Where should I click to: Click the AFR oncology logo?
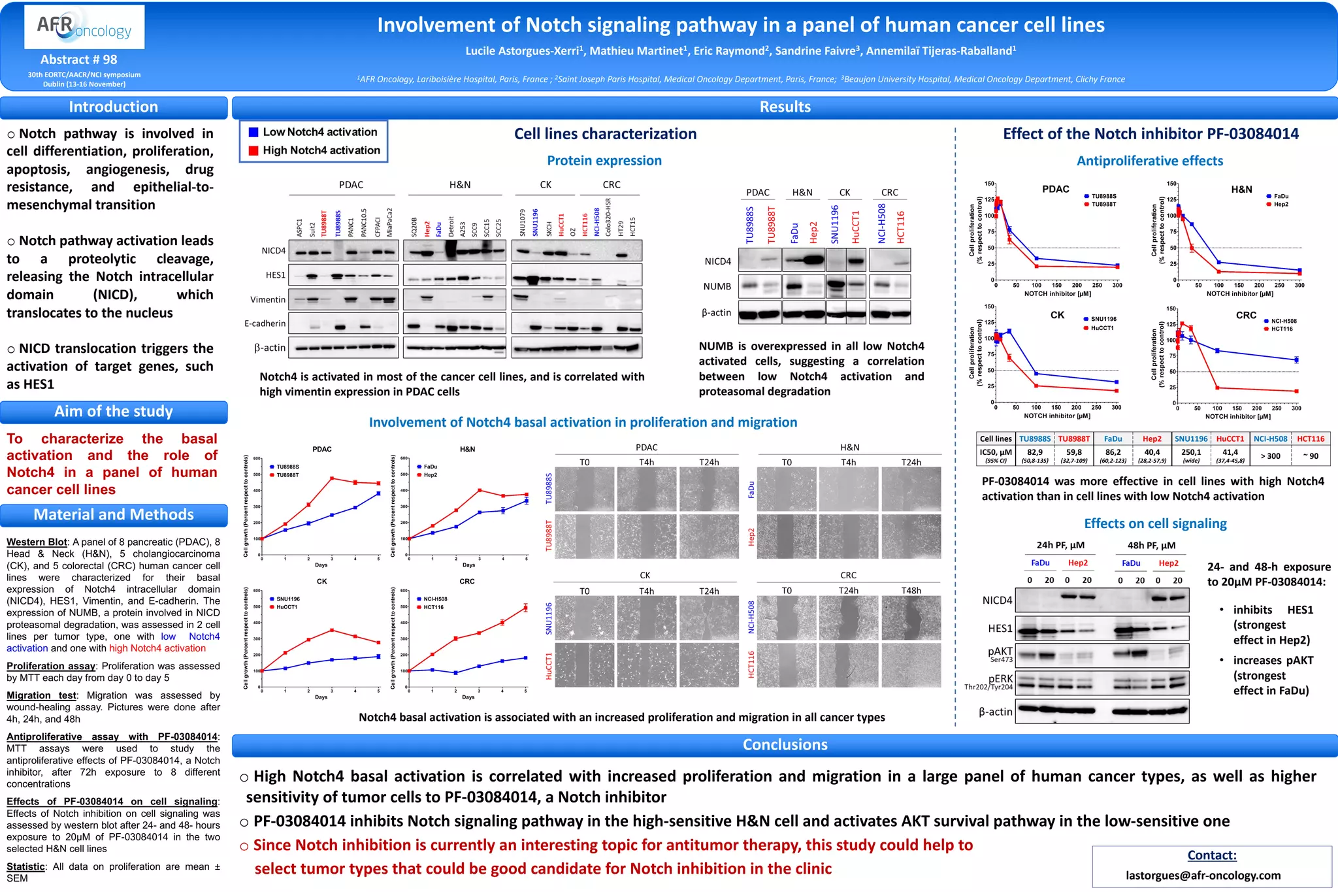click(84, 27)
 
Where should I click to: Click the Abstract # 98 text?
click(78, 59)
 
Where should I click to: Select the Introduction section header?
click(114, 107)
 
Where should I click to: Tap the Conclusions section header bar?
click(785, 745)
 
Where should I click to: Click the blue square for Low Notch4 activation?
click(253, 132)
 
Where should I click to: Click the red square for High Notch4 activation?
click(253, 151)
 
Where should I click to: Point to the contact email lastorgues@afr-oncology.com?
click(1203, 875)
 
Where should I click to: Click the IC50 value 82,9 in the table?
click(1035, 452)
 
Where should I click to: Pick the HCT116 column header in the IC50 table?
click(1311, 439)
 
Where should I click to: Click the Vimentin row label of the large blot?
click(268, 300)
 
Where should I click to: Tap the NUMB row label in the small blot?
click(717, 287)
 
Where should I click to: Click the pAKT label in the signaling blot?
click(1000, 652)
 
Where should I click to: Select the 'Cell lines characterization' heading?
click(605, 134)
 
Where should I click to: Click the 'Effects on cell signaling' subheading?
click(1155, 523)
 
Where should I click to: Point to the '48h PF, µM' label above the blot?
click(1151, 545)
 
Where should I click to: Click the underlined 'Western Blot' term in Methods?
click(37, 542)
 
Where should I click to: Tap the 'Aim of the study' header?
click(114, 412)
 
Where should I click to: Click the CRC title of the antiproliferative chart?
click(1245, 315)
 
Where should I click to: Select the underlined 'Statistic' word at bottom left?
click(25, 867)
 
